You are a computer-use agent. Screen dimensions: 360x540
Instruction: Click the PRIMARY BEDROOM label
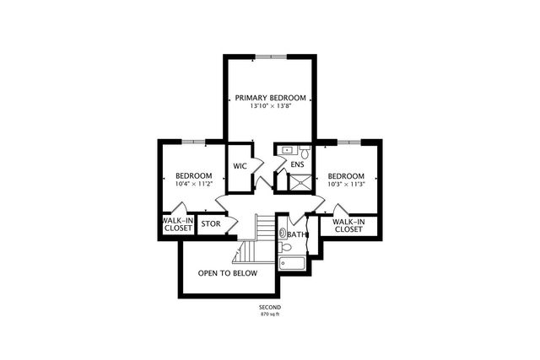point(270,98)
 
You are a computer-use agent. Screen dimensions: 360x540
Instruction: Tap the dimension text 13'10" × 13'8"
point(270,107)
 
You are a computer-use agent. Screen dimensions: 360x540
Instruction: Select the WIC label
point(239,165)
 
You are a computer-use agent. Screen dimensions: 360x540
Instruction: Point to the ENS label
point(297,164)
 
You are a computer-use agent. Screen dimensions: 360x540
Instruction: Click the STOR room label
point(210,224)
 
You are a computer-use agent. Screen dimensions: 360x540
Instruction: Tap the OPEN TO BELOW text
point(228,274)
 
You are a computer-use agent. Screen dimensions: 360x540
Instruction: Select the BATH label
point(296,234)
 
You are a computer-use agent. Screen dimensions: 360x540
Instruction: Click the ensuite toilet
point(306,151)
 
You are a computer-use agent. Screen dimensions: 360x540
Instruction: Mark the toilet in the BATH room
point(287,248)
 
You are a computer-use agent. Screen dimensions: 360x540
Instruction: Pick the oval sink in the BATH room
point(283,229)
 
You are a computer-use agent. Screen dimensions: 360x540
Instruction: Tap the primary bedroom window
point(270,56)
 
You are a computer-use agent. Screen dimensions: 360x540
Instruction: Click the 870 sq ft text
point(270,314)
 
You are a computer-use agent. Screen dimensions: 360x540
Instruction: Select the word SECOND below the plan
point(270,307)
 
